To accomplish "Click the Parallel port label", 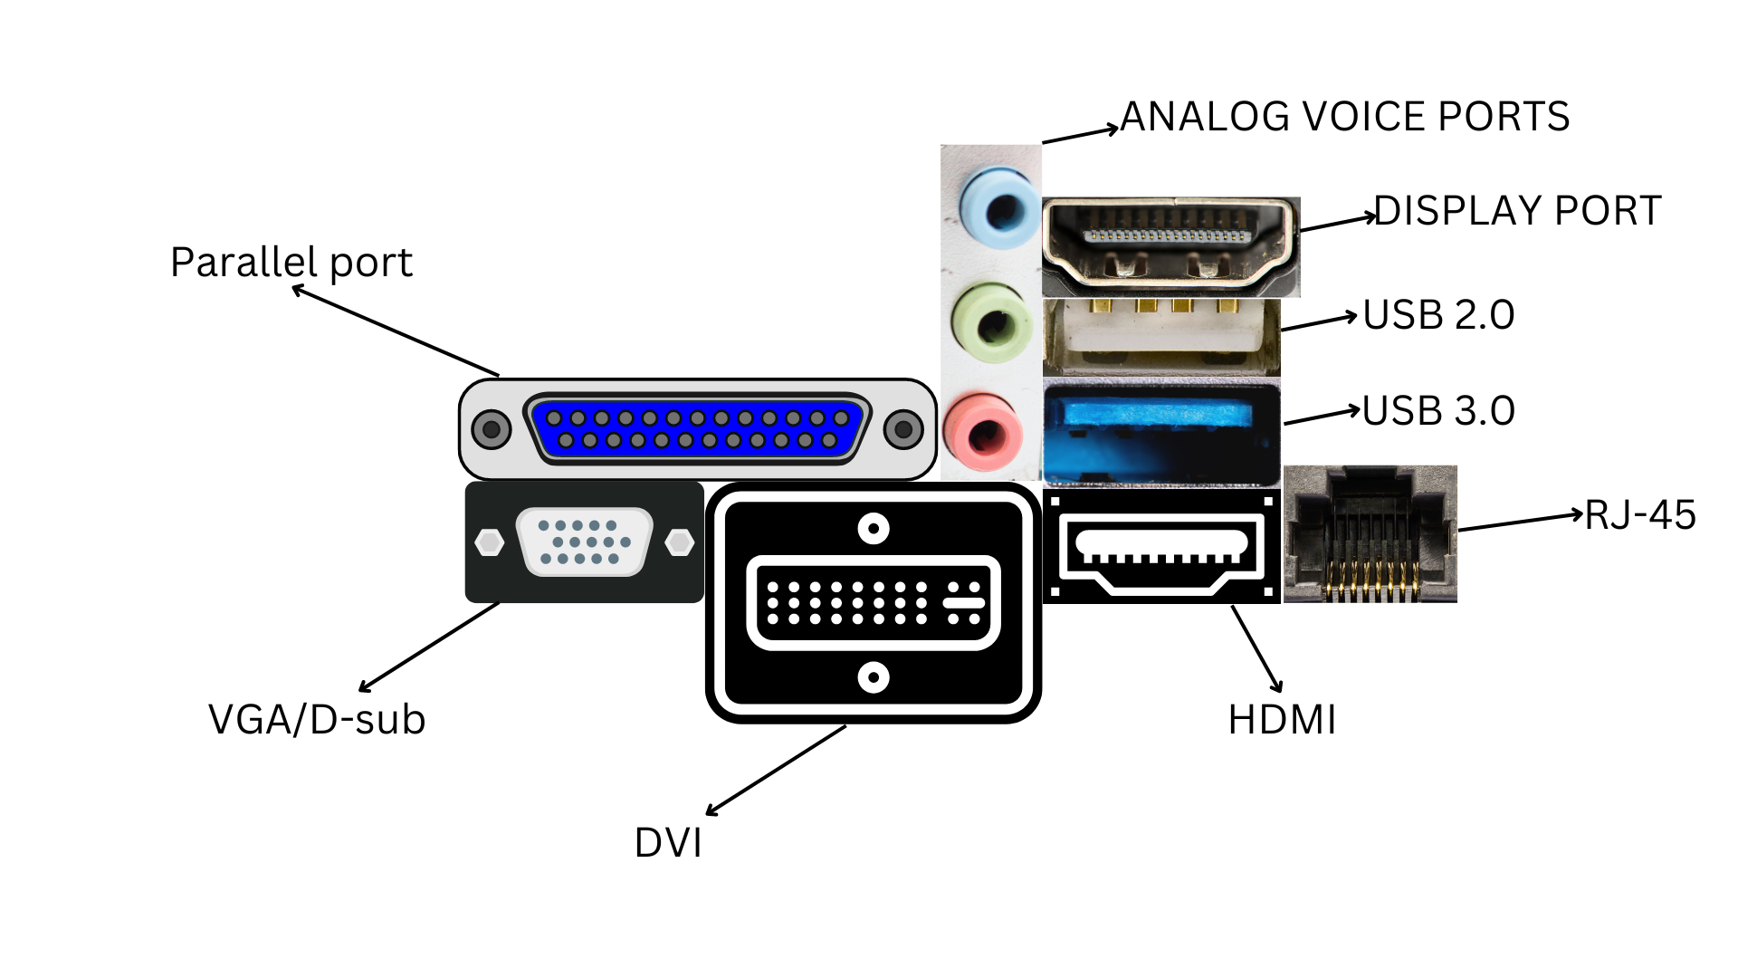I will tap(291, 263).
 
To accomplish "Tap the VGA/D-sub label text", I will tap(317, 720).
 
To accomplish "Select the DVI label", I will tap(668, 843).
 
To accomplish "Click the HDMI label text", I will tap(1282, 721).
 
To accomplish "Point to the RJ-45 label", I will tap(1640, 515).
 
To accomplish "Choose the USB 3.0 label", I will tap(1438, 411).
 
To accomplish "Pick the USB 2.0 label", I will tap(1438, 315).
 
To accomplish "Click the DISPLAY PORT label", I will tap(1518, 211).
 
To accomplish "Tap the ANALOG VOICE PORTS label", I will tap(1345, 117).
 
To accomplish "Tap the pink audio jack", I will tap(984, 433).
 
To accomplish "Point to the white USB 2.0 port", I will tap(1161, 337).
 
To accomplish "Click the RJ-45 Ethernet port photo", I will tap(1370, 534).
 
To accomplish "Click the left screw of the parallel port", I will tap(492, 429).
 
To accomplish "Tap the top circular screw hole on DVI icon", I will tap(874, 529).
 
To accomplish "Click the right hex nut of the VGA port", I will tap(679, 543).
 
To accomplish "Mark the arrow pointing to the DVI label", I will tap(776, 771).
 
